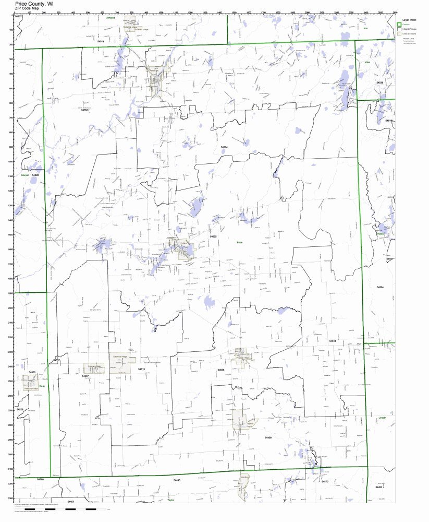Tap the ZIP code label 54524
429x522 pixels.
click(224, 148)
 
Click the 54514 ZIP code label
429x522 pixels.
click(101, 41)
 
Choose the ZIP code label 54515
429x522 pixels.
click(141, 369)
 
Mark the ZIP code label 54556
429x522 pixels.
click(221, 370)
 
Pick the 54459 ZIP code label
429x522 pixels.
click(268, 437)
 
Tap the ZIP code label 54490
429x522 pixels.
click(177, 480)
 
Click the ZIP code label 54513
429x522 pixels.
click(332, 341)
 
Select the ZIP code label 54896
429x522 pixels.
click(35, 176)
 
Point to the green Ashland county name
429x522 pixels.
click(111, 17)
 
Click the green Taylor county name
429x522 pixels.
click(170, 500)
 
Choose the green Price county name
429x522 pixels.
click(240, 243)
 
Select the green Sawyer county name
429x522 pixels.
click(24, 176)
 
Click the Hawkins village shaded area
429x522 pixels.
click(30, 384)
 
